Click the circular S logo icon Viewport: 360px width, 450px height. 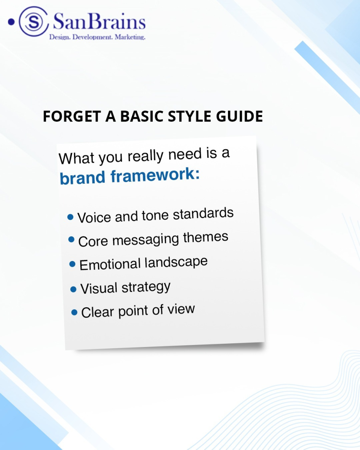34,22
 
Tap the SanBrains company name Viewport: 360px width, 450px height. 99,22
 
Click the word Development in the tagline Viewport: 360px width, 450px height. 92,37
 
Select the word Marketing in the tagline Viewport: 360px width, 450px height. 130,37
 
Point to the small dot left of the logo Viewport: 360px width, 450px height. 11,22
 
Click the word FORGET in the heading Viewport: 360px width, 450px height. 72,116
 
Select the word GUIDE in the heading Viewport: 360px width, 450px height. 240,116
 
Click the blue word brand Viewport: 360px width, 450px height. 82,178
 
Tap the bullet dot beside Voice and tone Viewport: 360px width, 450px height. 70,217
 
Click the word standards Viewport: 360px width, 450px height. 203,213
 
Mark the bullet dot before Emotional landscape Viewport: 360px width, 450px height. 72,264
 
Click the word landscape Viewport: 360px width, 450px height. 176,262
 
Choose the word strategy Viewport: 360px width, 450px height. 146,287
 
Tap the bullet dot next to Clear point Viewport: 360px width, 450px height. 74,312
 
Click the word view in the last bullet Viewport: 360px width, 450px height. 181,309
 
